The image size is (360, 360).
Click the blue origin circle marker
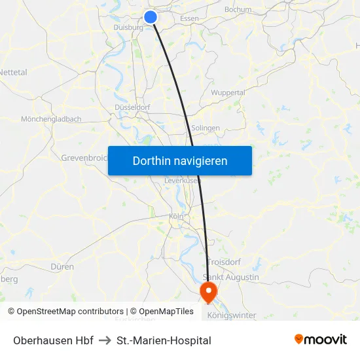tap(151, 17)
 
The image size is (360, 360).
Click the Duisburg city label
tap(128, 27)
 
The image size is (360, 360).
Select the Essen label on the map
tap(189, 18)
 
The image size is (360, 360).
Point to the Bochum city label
tap(238, 10)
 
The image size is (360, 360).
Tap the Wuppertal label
tap(228, 93)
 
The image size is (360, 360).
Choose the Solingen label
tap(206, 128)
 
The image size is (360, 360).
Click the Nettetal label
tap(14, 72)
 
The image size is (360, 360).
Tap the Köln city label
tap(176, 216)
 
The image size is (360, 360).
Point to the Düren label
tap(62, 267)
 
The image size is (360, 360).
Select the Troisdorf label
tap(225, 262)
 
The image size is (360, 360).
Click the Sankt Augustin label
tap(232, 277)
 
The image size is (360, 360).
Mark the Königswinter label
tap(232, 315)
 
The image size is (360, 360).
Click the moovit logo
tap(321, 340)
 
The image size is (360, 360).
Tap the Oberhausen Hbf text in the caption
tap(53, 340)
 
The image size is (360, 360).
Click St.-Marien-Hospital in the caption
tap(164, 340)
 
